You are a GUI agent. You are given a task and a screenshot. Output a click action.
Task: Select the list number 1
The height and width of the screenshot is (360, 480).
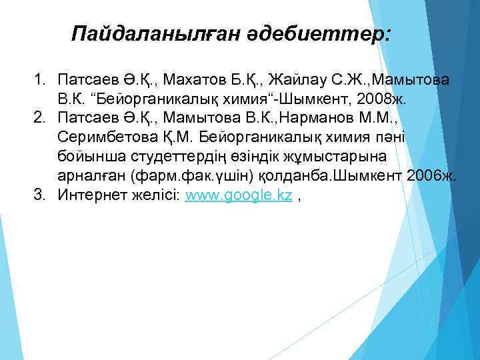click(x=39, y=81)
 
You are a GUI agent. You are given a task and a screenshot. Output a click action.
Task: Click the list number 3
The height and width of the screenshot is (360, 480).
click(x=39, y=195)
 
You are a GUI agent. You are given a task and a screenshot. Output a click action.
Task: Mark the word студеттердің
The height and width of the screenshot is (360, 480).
click(x=185, y=157)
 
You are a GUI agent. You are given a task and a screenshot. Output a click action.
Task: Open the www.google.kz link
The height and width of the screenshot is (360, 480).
click(x=239, y=196)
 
